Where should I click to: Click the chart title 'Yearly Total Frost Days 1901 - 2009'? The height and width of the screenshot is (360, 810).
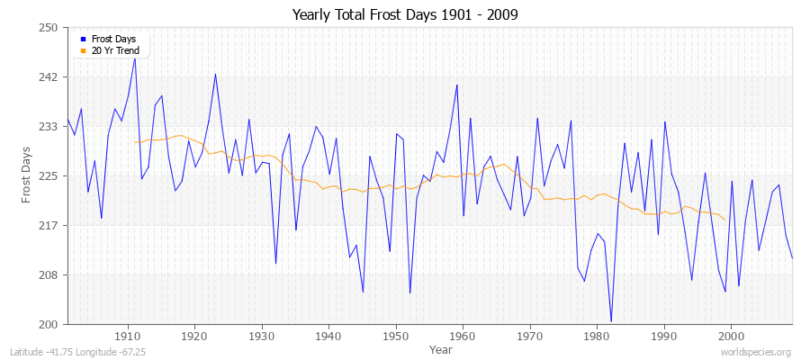pyautogui.click(x=405, y=15)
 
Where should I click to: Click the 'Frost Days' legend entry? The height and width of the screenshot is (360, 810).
pyautogui.click(x=112, y=40)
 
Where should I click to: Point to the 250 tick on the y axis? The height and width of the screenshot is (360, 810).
pyautogui.click(x=49, y=28)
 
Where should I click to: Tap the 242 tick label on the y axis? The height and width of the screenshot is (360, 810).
pyautogui.click(x=49, y=77)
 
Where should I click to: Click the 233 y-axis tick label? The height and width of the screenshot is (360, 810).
pyautogui.click(x=49, y=127)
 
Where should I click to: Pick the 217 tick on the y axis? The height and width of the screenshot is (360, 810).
pyautogui.click(x=49, y=225)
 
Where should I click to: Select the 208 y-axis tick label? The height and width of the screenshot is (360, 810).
pyautogui.click(x=49, y=274)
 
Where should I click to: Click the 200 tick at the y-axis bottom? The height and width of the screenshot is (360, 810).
pyautogui.click(x=49, y=324)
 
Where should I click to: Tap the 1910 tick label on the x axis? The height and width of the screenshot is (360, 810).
pyautogui.click(x=128, y=337)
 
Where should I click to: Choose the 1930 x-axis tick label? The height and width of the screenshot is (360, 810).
pyautogui.click(x=262, y=337)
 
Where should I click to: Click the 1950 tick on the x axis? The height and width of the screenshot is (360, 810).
pyautogui.click(x=396, y=337)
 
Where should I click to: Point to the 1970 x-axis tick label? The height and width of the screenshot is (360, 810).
pyautogui.click(x=530, y=337)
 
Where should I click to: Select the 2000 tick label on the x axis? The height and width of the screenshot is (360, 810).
pyautogui.click(x=731, y=337)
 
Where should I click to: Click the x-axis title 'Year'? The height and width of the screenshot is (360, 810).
pyautogui.click(x=441, y=348)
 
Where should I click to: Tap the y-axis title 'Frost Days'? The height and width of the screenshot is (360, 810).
pyautogui.click(x=27, y=175)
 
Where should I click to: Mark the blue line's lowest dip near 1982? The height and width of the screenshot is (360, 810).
pyautogui.click(x=611, y=321)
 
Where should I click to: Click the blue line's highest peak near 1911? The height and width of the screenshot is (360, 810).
pyautogui.click(x=135, y=58)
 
